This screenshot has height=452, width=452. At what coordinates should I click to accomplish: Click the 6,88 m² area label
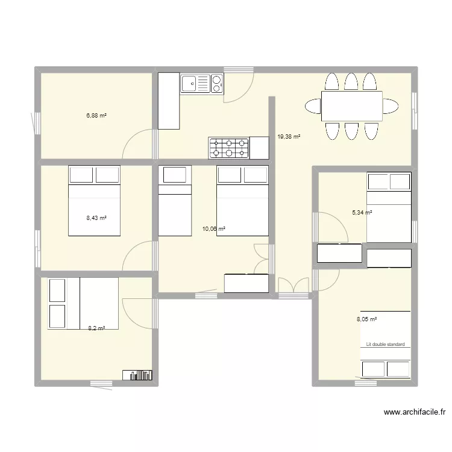[x=96, y=116]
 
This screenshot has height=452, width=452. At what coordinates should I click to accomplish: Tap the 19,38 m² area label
[x=289, y=137]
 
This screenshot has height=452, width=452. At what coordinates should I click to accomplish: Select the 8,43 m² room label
[x=96, y=218]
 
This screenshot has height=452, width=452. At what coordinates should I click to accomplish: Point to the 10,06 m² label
[x=213, y=229]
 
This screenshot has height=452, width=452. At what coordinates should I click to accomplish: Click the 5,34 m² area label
[x=362, y=213]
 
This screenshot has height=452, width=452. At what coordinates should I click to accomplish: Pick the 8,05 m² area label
[x=366, y=319]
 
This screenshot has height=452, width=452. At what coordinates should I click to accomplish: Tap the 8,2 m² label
[x=96, y=328]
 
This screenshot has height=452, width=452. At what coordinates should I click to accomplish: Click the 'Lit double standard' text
[x=385, y=344]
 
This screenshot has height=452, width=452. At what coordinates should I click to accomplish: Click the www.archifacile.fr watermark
[x=415, y=412]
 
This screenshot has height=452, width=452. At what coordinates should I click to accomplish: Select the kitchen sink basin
[x=189, y=84]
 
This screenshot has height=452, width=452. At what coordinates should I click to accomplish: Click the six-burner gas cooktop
[x=229, y=148]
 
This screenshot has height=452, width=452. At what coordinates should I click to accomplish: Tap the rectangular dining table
[x=352, y=106]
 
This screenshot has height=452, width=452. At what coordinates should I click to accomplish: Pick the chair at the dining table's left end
[x=313, y=106]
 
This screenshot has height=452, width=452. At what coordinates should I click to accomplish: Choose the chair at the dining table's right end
[x=391, y=106]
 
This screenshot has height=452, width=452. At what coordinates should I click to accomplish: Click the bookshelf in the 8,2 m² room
[x=137, y=375]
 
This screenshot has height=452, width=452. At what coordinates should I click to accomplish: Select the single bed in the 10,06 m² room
[x=175, y=201]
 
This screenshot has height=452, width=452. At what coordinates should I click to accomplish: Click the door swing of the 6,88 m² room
[x=137, y=144]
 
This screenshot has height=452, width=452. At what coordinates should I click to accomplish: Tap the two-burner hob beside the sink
[x=217, y=84]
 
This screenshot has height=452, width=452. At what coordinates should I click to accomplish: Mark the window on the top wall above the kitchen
[x=239, y=69]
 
